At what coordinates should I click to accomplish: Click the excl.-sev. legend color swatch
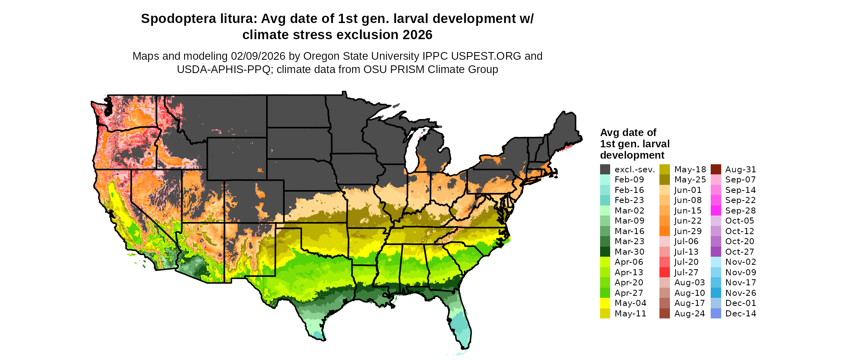click(x=605, y=170)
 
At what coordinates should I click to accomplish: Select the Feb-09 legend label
click(x=629, y=180)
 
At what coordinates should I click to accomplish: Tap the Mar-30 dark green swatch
click(x=605, y=252)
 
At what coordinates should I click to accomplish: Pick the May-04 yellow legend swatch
click(x=605, y=303)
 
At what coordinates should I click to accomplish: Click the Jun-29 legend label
click(x=688, y=231)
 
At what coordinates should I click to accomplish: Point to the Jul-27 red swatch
click(x=664, y=272)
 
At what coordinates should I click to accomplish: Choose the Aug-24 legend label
click(x=689, y=314)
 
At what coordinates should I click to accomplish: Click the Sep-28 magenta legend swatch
click(x=716, y=211)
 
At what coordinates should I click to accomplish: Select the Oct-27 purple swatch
click(x=716, y=252)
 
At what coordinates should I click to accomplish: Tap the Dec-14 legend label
click(x=741, y=314)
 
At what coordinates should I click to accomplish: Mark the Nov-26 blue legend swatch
click(x=716, y=293)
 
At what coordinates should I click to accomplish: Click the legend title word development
click(x=632, y=155)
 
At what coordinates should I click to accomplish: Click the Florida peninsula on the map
click(x=460, y=323)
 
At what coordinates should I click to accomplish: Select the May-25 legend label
click(x=690, y=180)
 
